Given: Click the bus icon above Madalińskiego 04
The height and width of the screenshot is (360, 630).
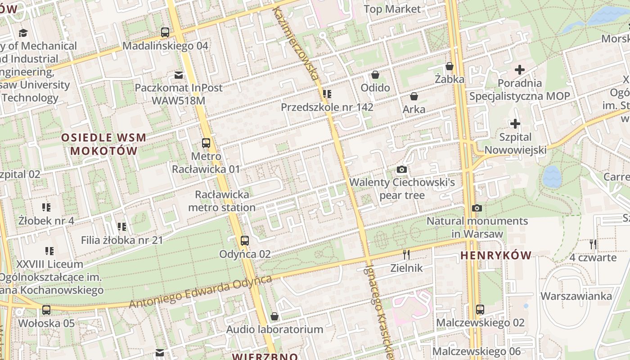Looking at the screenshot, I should point(165,32).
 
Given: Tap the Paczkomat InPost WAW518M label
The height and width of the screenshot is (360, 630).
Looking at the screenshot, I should point(179,94).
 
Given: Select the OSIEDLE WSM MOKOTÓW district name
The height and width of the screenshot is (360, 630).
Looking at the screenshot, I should point(103,144).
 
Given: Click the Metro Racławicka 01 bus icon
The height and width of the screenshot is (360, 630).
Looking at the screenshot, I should point(206,143).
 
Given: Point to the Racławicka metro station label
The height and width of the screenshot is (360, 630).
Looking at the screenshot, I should point(222,201).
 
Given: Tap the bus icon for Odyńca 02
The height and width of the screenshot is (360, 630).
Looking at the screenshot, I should point(245,241).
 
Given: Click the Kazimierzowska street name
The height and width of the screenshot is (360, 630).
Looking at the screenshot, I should point(297,43).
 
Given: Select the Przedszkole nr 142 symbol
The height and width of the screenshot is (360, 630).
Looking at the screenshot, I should point(327,94).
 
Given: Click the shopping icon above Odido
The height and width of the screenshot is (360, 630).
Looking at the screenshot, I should point(375,75).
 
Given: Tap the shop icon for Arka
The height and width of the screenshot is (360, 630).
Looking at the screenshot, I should point(414,96).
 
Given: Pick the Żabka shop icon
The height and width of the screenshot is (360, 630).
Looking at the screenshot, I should point(450,67).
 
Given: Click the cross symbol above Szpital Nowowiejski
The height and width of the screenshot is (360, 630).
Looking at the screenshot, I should point(515,124).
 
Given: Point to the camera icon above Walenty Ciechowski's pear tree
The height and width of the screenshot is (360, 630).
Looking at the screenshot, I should point(402,170).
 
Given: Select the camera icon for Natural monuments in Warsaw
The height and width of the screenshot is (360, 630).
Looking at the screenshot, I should point(477,208).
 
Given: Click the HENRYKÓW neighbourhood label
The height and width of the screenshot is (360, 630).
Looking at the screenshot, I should point(496,256).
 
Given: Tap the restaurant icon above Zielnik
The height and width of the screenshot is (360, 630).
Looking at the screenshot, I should point(406,255).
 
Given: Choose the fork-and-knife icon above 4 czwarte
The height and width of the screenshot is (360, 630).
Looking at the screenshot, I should point(593,244).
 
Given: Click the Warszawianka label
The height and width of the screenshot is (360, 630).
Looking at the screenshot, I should point(576,296).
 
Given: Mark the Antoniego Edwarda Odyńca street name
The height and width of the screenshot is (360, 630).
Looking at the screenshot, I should point(200,292).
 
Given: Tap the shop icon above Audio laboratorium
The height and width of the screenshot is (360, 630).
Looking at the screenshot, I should point(274,316).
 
